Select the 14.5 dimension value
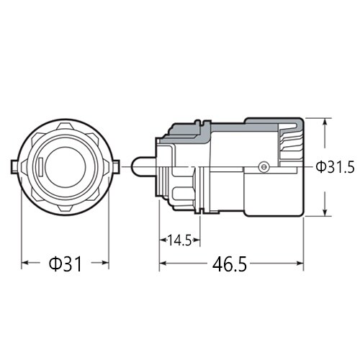click(178, 240)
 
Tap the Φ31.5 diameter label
click(336, 167)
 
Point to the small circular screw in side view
click(264, 167)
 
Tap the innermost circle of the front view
click(65, 167)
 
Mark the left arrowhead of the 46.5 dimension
click(162, 264)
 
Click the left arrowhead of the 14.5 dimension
click(162, 240)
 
